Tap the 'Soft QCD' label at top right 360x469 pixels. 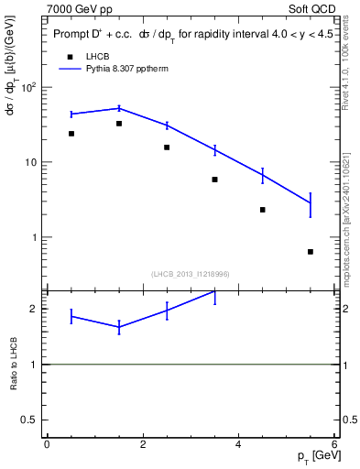(313, 8)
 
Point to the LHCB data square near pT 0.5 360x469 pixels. (71, 134)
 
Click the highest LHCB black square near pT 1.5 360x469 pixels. (119, 124)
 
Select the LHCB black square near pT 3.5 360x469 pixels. (214, 180)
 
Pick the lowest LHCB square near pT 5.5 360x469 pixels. (311, 252)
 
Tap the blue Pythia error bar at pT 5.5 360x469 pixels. (311, 204)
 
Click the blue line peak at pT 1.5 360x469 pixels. (119, 108)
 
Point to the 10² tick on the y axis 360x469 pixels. (27, 88)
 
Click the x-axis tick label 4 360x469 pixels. (239, 444)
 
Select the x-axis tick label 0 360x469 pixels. (47, 444)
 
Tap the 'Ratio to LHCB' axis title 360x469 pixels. (14, 364)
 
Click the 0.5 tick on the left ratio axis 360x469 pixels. (30, 420)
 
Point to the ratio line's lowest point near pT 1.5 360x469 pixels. (119, 327)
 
